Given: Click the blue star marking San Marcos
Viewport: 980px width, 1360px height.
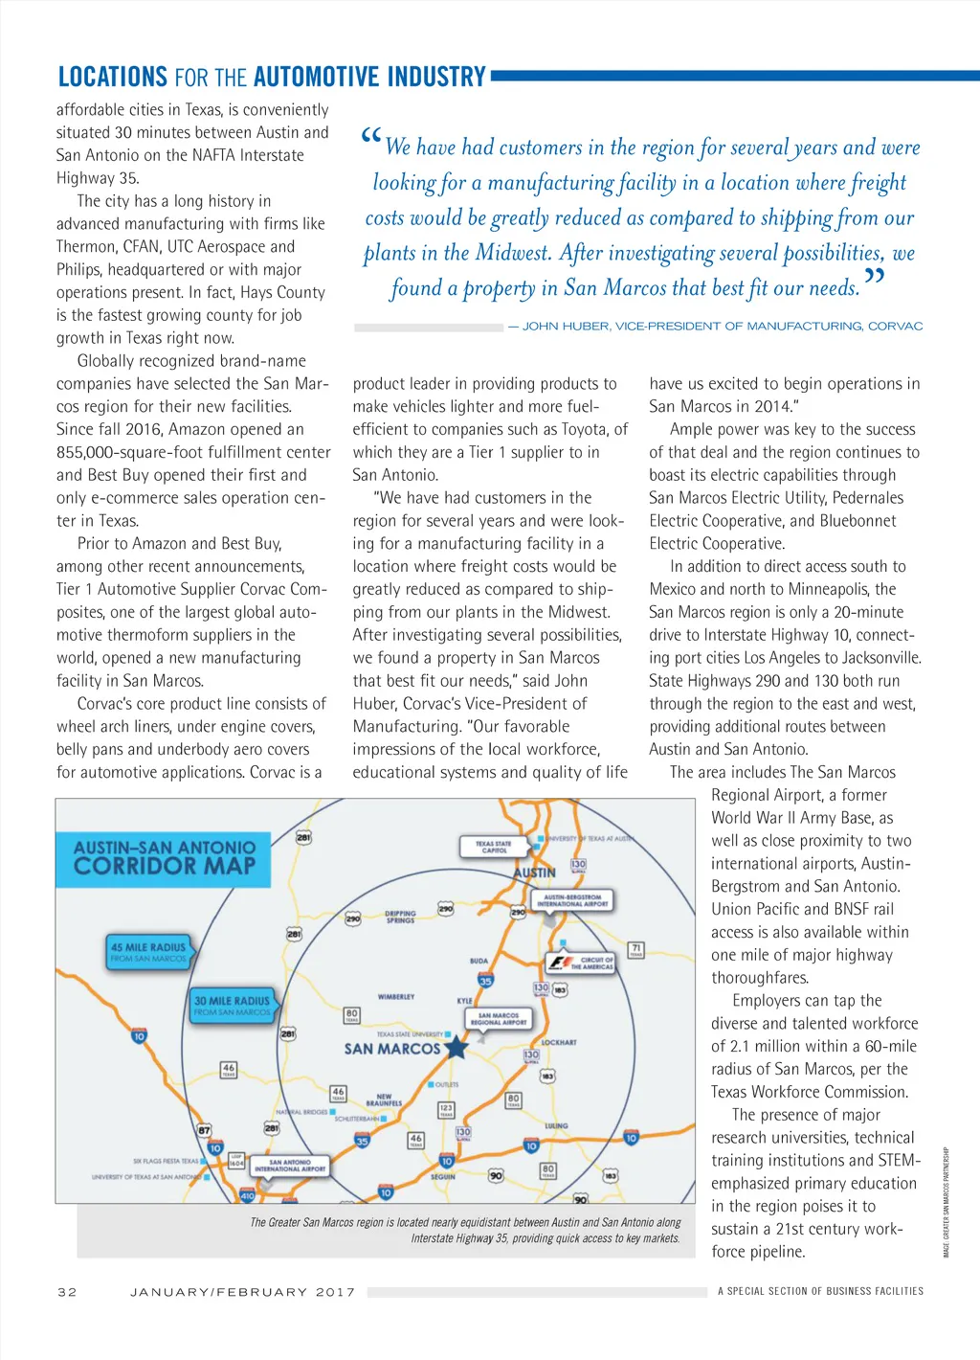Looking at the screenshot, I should [457, 1046].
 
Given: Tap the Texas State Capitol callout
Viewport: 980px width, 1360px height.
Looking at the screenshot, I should [494, 847].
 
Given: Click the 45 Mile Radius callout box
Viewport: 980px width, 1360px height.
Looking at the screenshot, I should [148, 951].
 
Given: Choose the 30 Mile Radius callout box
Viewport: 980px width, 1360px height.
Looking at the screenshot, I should [233, 1005].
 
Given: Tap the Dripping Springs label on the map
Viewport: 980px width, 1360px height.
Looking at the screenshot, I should [400, 917].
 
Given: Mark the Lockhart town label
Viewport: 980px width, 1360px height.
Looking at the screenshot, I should [559, 1042].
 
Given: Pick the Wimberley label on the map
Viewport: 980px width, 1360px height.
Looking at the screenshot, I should [395, 997].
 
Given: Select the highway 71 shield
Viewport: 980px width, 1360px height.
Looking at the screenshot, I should [635, 950].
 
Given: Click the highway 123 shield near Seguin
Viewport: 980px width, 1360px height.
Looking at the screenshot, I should [446, 1110].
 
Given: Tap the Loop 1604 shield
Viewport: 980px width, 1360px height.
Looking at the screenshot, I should [236, 1162].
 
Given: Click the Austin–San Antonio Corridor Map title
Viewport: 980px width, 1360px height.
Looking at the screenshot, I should [165, 857].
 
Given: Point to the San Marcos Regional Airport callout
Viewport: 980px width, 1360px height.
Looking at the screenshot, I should [498, 1019].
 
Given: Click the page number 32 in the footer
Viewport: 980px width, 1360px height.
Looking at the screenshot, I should [67, 1292].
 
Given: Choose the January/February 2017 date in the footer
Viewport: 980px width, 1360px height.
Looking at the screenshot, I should [242, 1292].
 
